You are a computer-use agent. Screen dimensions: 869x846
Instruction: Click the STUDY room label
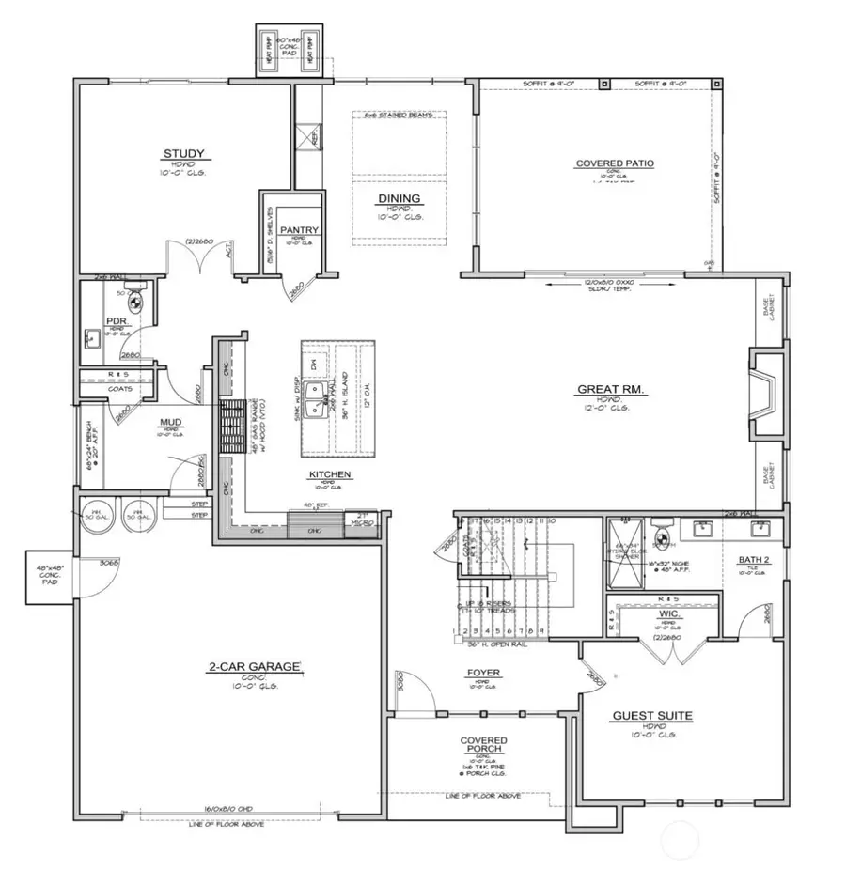(183, 154)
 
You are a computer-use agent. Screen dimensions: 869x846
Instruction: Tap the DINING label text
(399, 198)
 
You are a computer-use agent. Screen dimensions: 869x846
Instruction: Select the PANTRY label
(299, 230)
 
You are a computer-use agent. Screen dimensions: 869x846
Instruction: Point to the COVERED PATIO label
(615, 163)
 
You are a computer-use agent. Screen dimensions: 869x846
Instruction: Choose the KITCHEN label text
(329, 475)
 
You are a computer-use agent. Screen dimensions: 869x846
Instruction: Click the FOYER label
(483, 673)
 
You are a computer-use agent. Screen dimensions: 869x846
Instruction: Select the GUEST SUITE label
(652, 716)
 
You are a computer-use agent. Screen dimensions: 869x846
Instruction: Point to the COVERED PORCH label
(483, 746)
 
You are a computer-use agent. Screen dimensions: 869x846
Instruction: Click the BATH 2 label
(754, 561)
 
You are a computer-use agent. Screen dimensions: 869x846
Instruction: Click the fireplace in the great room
(763, 393)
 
